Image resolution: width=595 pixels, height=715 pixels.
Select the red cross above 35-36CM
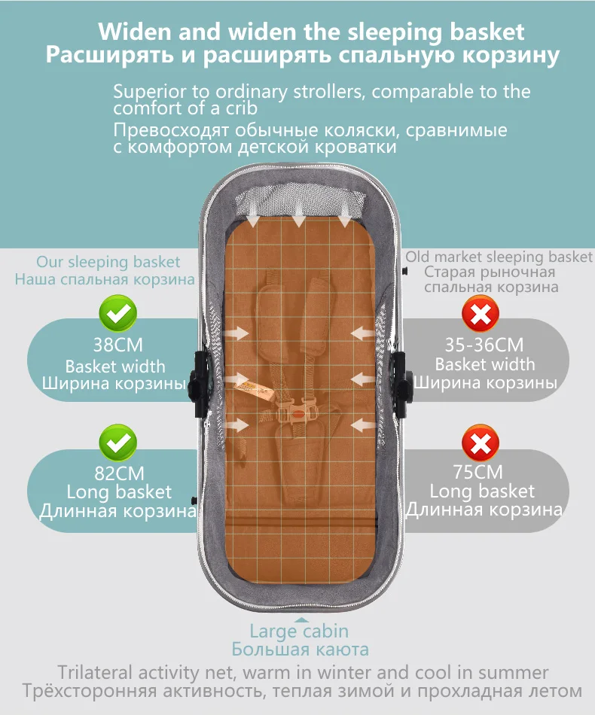coord(480,314)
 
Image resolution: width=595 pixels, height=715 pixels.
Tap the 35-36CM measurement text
coord(484,345)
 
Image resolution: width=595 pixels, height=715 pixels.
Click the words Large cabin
coord(299,631)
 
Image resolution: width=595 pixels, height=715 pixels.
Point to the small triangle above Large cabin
coord(299,617)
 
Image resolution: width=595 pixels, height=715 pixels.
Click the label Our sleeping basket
coord(108,262)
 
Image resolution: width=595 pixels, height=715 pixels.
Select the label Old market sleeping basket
coord(499,257)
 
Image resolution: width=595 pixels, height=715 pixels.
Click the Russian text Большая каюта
coord(299,649)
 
